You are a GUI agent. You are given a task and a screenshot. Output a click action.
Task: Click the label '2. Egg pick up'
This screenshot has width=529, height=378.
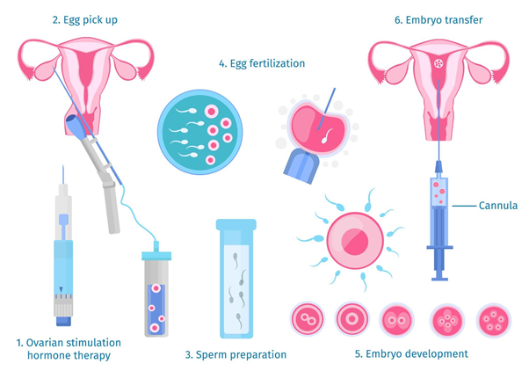coord(85,20)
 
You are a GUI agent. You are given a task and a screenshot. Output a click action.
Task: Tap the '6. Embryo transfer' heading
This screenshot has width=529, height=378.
coord(438,20)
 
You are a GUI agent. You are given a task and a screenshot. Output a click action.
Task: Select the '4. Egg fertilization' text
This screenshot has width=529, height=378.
coord(262,63)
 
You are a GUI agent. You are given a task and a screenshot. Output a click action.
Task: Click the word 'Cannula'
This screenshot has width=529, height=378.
coord(498,206)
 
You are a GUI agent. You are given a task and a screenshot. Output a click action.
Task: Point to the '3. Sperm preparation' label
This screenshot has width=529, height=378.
coord(236,355)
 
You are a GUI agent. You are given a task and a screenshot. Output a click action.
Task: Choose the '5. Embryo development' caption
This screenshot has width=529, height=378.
coord(411,353)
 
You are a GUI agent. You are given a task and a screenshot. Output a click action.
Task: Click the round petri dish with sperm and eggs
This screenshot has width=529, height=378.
coord(199,132)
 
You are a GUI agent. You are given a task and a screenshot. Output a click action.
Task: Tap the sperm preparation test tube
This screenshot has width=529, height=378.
coord(236,279)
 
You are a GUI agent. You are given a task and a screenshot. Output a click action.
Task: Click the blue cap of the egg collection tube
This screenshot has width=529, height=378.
coord(156,255)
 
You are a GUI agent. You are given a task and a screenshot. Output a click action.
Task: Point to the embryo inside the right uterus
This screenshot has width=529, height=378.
coord(438,62)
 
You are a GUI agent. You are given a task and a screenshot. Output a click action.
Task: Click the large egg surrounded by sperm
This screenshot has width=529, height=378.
coord(355,241)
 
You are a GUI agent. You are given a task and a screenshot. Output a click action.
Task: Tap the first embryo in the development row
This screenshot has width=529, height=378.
coord(307,319)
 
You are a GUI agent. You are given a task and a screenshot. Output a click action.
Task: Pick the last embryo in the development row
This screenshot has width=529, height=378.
coord(494,320)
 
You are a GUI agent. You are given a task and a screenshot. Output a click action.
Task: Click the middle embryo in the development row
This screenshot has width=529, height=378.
coord(396,320)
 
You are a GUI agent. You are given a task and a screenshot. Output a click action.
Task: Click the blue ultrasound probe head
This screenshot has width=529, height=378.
coord(75,127)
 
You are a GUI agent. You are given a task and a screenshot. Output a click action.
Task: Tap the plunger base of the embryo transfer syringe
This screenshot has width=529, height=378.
coord(439,279)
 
